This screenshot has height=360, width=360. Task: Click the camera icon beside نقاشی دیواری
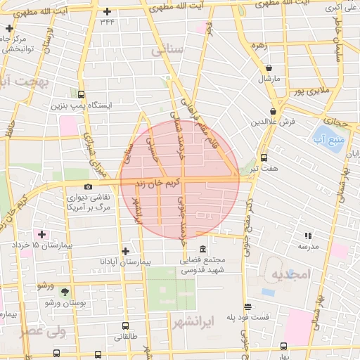[88, 186]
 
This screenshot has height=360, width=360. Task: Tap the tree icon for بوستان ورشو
[65, 292]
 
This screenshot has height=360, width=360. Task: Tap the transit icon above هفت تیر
[264, 158]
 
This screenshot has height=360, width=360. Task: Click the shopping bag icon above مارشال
[269, 67]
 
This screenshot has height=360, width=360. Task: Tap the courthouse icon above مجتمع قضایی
[202, 250]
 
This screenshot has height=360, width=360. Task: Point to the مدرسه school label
[307, 246]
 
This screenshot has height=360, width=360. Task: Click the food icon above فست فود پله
[247, 307]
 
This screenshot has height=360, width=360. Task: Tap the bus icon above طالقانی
[125, 326]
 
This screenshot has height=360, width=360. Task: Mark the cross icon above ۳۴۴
[107, 12]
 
